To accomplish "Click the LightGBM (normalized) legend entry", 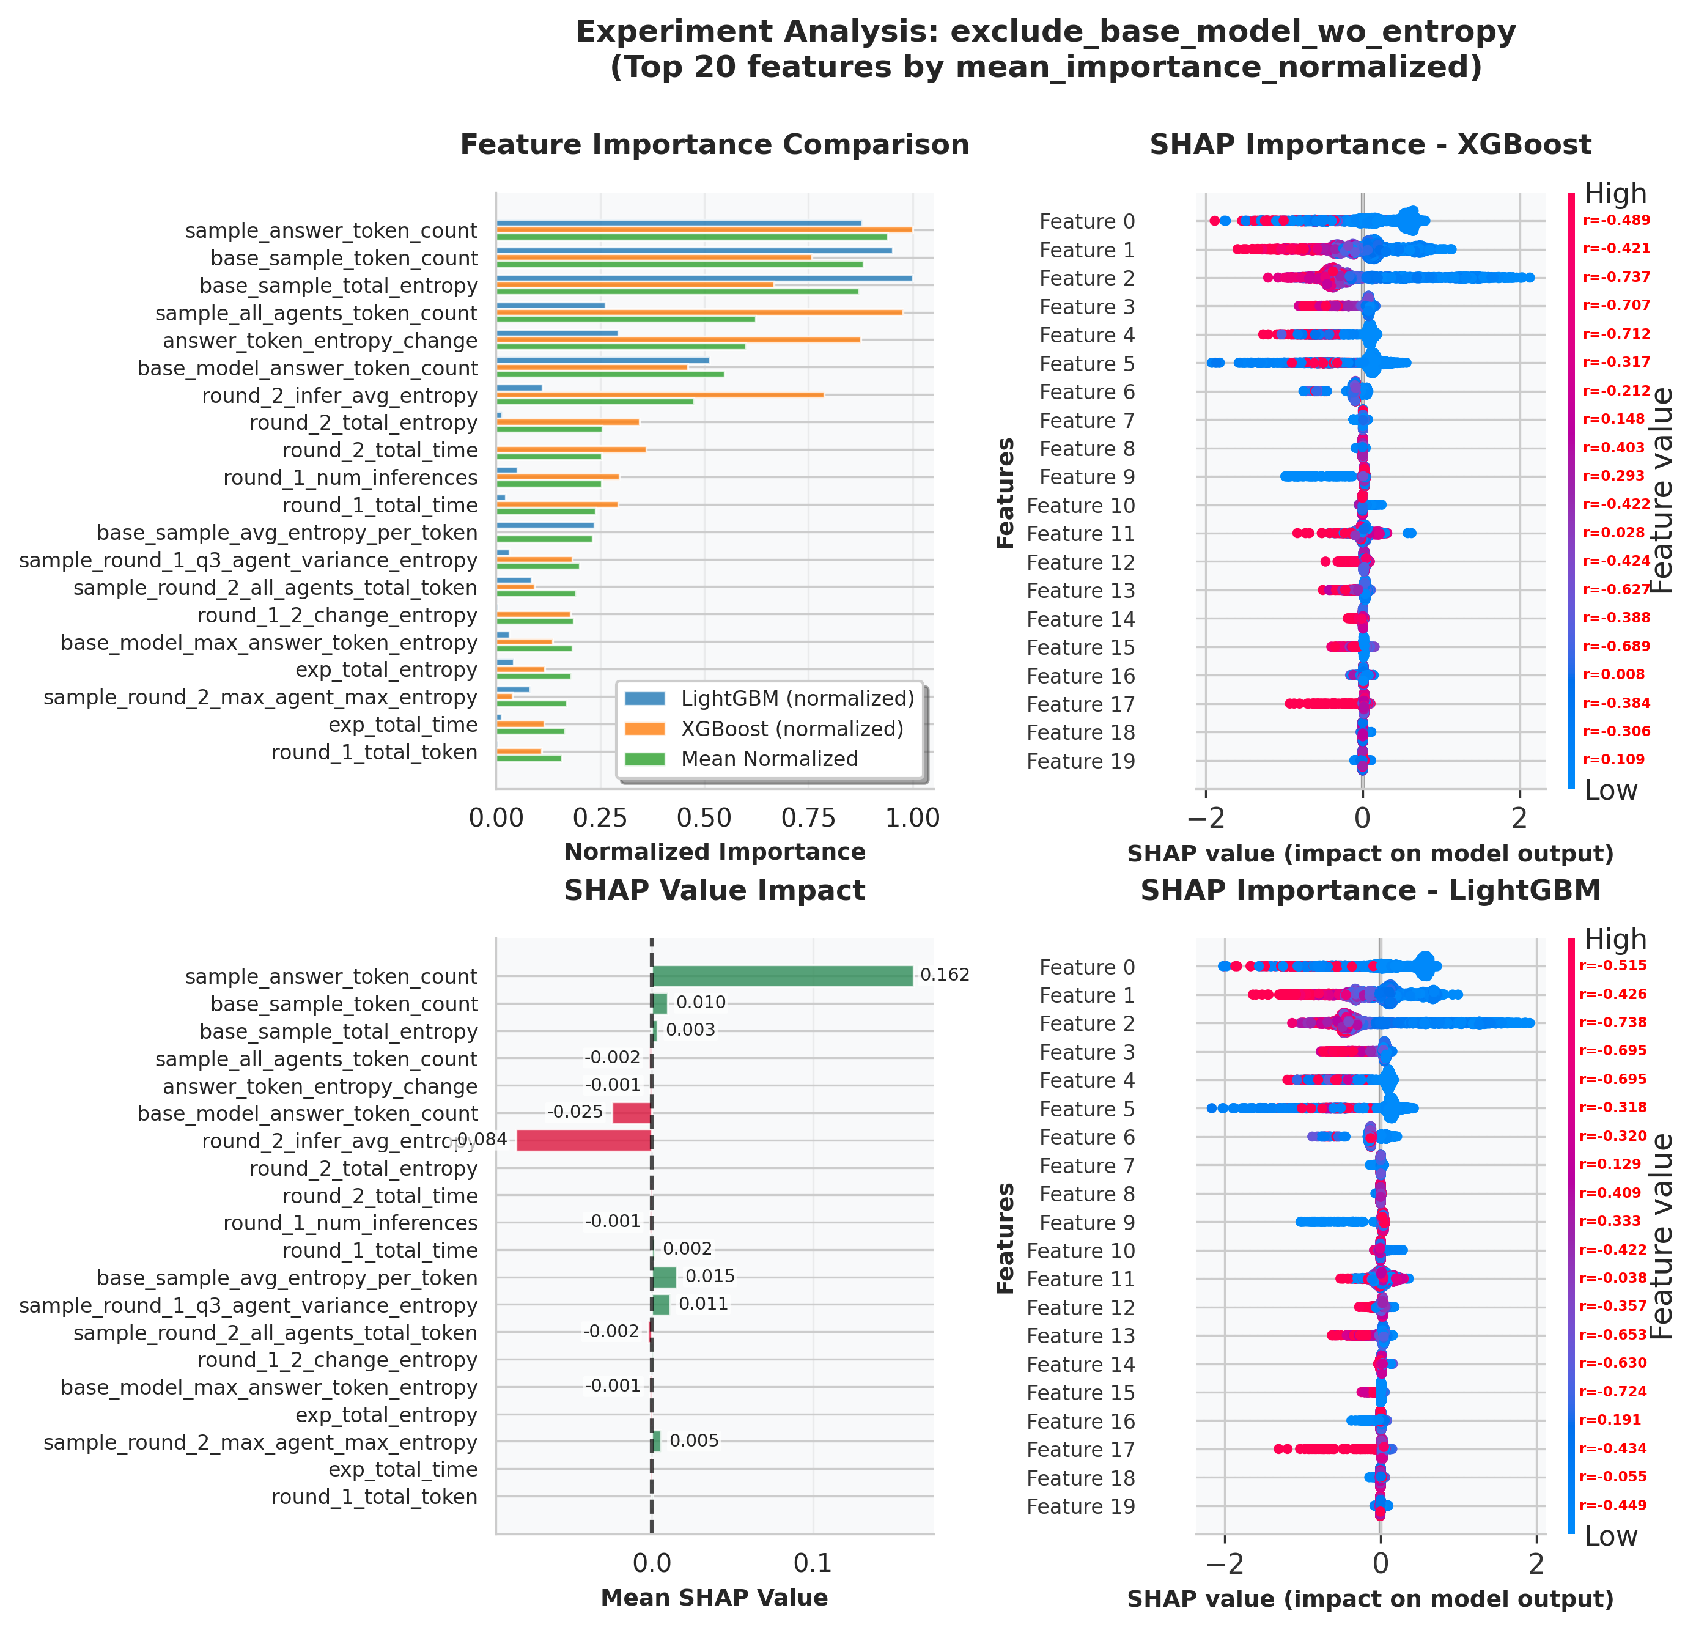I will (797, 698).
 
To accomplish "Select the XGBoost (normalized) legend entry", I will (792, 728).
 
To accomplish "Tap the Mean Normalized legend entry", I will (769, 759).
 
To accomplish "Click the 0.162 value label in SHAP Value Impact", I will (945, 975).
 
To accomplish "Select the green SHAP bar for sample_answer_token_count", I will (781, 976).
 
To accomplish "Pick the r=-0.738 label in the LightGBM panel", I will (1613, 1022).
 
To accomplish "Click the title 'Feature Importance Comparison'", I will (715, 144).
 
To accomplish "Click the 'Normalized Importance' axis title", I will (715, 852).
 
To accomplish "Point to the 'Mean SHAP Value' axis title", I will (715, 1597).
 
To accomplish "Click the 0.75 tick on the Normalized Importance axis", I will (808, 817).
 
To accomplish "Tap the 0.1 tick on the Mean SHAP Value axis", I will (813, 1563).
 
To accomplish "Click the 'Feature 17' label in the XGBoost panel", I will (1081, 704).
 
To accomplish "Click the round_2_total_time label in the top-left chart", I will (380, 450).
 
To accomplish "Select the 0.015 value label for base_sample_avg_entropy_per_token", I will (710, 1276).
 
